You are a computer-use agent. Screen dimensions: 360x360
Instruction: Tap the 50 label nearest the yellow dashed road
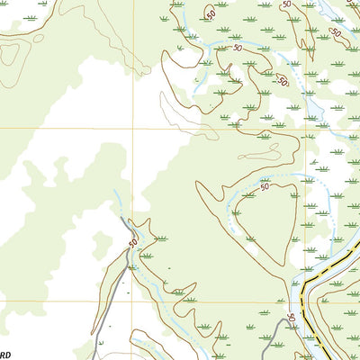pos(291,319)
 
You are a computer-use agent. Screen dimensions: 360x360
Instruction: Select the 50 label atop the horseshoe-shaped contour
pos(265,188)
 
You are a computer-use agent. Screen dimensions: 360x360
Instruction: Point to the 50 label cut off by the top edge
pos(286,4)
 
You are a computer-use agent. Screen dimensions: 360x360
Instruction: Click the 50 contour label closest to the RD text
pos(133,243)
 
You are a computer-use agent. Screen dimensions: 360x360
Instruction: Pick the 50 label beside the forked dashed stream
pos(238,47)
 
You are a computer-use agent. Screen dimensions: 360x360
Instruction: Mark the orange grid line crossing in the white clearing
pos(133,128)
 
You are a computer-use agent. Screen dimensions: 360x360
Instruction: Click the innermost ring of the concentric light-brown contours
pos(9,54)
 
